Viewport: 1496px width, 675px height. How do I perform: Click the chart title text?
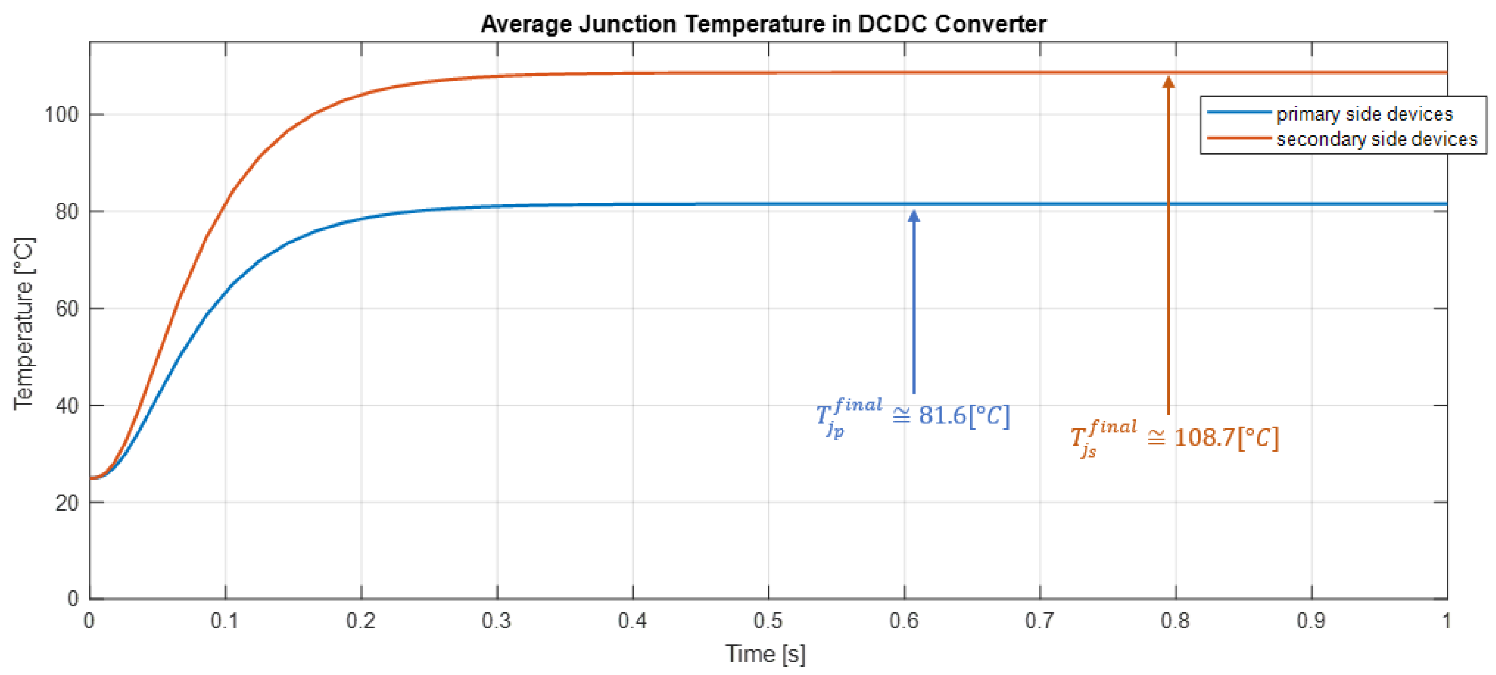pos(763,24)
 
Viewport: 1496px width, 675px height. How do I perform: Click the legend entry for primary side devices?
pos(1364,114)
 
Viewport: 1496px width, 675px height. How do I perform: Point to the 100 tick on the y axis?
pos(62,114)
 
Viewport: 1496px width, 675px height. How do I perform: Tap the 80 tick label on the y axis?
pos(67,211)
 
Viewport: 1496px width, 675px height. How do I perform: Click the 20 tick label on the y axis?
pos(67,503)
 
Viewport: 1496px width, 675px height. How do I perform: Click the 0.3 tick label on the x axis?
pos(497,621)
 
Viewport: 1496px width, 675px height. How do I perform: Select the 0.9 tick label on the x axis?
pos(1311,621)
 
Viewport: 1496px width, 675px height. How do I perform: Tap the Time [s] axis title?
pos(765,654)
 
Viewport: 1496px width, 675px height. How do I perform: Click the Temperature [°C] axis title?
pos(24,323)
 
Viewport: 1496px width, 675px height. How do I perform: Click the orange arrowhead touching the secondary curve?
pos(1169,82)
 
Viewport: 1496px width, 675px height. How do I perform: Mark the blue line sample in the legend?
pos(1239,112)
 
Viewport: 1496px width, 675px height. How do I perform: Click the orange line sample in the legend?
pos(1239,138)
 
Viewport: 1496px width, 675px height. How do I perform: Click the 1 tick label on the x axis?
pos(1446,621)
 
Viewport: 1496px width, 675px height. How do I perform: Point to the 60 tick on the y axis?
pos(67,309)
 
